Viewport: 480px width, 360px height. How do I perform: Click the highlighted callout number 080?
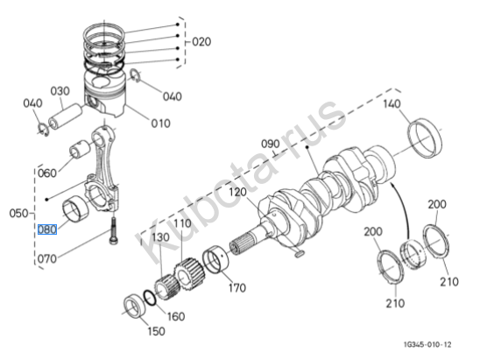click(x=47, y=229)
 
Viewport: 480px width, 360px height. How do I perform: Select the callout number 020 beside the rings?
click(x=201, y=42)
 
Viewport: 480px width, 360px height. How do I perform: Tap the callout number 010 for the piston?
click(x=160, y=124)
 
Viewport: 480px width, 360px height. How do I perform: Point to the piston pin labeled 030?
click(x=66, y=116)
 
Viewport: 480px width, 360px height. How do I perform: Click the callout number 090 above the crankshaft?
click(x=271, y=144)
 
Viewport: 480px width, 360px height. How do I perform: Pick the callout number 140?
click(x=392, y=104)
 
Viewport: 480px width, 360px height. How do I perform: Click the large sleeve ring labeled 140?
click(x=425, y=138)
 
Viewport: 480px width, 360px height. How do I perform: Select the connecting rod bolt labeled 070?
click(x=113, y=230)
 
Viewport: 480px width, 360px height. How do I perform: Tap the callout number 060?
click(x=47, y=173)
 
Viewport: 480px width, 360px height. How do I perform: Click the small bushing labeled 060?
click(x=80, y=149)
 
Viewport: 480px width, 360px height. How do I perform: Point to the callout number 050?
click(x=18, y=213)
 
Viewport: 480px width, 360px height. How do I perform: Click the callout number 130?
click(x=160, y=237)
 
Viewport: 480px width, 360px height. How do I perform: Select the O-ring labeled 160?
click(x=150, y=298)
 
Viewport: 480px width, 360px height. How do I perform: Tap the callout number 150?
click(x=156, y=331)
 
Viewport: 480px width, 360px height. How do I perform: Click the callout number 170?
click(x=237, y=288)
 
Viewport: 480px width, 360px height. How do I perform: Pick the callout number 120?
click(x=238, y=192)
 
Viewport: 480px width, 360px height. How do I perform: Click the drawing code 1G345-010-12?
click(x=427, y=345)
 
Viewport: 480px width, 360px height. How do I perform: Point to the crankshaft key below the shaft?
click(x=299, y=253)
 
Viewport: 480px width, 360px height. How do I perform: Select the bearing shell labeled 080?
click(x=75, y=208)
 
